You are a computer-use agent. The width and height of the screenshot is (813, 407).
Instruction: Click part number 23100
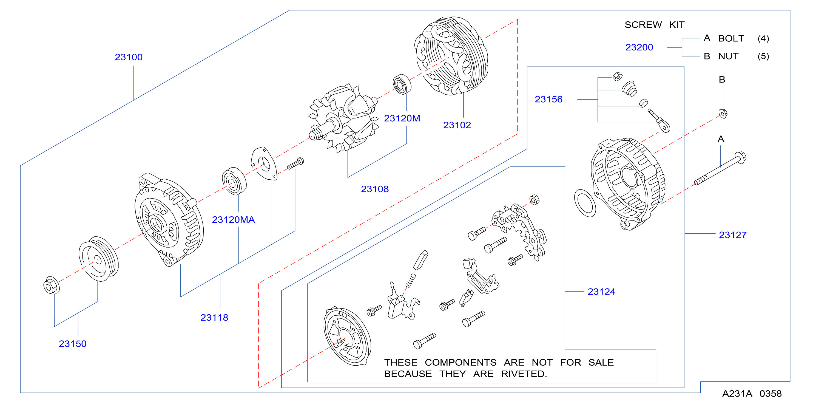click(129, 57)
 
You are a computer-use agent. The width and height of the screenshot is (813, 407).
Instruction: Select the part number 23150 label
click(73, 344)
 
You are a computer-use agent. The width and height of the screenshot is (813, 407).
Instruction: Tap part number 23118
click(214, 318)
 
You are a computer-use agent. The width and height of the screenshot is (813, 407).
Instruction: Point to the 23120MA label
click(233, 220)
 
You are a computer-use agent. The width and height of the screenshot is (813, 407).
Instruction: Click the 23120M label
click(402, 118)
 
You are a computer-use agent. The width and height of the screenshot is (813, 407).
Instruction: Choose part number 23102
click(457, 125)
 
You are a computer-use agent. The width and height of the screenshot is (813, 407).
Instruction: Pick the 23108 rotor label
click(375, 189)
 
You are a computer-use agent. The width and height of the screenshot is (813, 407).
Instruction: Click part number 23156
click(548, 100)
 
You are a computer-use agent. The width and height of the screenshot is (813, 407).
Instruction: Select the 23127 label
click(732, 235)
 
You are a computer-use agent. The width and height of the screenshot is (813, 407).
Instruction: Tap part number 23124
click(601, 292)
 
